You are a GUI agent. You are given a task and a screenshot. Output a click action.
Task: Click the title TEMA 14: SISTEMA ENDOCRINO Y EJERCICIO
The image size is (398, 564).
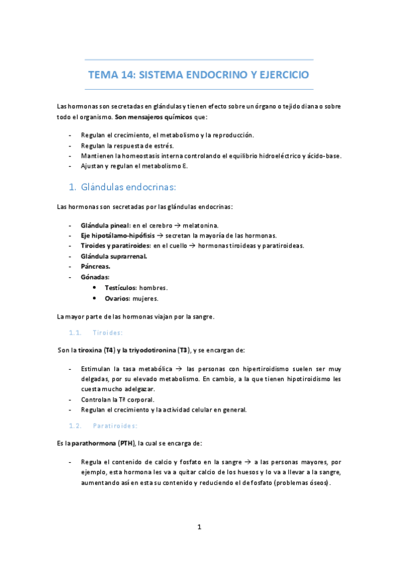tap(199, 74)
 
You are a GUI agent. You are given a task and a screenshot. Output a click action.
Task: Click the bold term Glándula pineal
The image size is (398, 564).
tap(104, 225)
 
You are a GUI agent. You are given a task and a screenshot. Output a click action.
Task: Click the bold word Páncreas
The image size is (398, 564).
tap(95, 266)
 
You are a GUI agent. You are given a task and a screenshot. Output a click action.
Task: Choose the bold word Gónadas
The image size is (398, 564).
tap(95, 276)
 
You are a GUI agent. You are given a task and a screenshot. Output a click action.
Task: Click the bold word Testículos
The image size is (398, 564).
tap(121, 287)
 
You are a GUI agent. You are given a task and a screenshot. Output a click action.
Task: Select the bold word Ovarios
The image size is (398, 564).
tap(118, 298)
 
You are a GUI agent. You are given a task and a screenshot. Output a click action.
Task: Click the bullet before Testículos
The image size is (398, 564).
tap(96, 287)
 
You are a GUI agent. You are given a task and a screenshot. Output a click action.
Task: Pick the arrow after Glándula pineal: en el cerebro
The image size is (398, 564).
tap(187, 225)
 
